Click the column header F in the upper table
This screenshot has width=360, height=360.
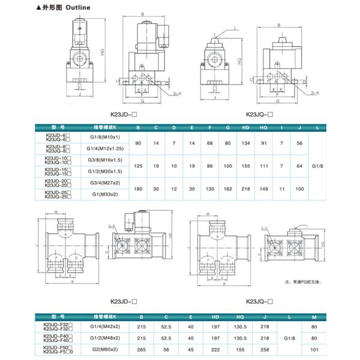coord(209,127)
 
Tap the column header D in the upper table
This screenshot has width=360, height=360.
coord(174,127)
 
